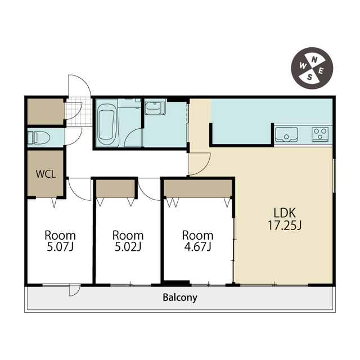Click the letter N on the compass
pyautogui.click(x=314, y=60)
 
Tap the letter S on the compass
pyautogui.click(x=310, y=77)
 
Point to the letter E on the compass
pyautogui.click(x=321, y=71)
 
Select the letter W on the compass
pyautogui.click(x=303, y=66)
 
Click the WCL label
pyautogui.click(x=46, y=174)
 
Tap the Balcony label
pyautogui.click(x=180, y=298)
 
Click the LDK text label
pyautogui.click(x=285, y=213)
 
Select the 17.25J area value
pyautogui.click(x=285, y=225)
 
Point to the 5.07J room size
pyautogui.click(x=60, y=247)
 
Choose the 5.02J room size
pyautogui.click(x=128, y=247)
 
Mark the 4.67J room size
pyautogui.click(x=197, y=247)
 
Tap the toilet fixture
pyautogui.click(x=39, y=137)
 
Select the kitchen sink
pyautogui.click(x=286, y=134)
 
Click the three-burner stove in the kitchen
pyautogui.click(x=320, y=134)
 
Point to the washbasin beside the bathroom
pyautogui.click(x=155, y=107)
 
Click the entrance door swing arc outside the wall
pyautogui.click(x=85, y=81)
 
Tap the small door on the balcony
pyautogui.click(x=75, y=290)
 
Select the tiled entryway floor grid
pyautogui.click(x=79, y=111)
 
